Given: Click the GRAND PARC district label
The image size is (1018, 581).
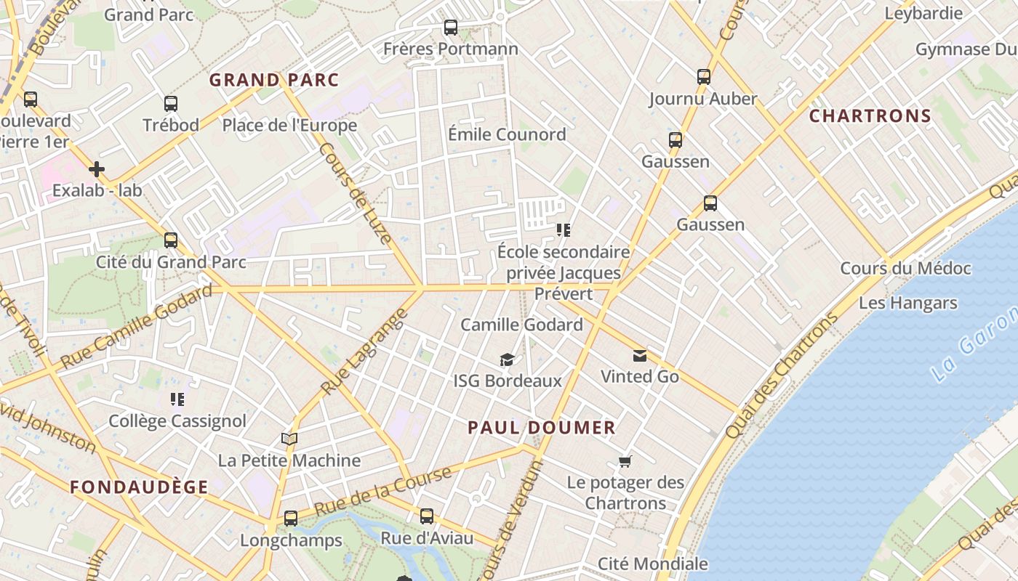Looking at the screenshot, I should (274, 80).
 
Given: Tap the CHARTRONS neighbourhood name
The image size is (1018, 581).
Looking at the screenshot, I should (870, 116).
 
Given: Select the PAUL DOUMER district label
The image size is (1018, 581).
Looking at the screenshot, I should (542, 428).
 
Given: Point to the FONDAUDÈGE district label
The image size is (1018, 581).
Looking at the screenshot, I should (139, 487).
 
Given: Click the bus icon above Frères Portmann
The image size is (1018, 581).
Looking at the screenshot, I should (451, 28).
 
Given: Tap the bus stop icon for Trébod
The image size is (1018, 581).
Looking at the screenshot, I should (171, 104).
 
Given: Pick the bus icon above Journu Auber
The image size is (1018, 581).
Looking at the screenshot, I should (703, 77).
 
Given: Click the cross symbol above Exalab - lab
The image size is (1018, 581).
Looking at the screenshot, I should (97, 169).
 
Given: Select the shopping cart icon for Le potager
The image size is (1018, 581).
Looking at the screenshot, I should (625, 461).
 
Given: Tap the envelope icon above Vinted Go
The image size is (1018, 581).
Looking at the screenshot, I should (640, 355).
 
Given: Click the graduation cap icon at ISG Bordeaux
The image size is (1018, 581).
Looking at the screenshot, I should (507, 359).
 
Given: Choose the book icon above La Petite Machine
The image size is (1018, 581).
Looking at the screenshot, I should (289, 439).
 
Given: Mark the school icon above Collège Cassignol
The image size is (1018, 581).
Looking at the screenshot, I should (177, 399).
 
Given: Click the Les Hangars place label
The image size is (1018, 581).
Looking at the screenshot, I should (907, 303).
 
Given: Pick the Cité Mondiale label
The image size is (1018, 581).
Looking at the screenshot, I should (652, 564).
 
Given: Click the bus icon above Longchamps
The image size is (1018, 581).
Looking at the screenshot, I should (291, 519).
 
